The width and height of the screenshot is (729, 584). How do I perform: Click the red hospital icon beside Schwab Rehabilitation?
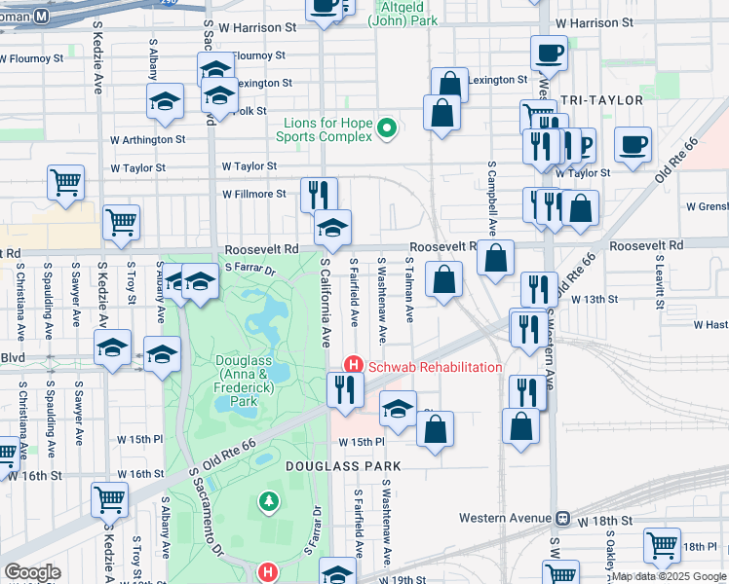353,366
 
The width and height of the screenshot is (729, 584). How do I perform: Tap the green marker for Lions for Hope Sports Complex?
387,128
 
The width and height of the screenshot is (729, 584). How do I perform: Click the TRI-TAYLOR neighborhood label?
601,100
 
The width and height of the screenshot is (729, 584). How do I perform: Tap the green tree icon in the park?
268,501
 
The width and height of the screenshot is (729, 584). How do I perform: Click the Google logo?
32,572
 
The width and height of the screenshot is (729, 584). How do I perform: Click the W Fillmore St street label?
254,194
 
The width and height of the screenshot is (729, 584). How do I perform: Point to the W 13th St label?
595,299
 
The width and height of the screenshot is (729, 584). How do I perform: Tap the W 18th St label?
605,522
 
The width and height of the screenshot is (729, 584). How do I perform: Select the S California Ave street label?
327,303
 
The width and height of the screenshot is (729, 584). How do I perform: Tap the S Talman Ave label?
410,291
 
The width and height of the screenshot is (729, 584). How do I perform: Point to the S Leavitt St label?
660,283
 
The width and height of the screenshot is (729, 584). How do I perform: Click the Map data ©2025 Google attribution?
669,576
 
